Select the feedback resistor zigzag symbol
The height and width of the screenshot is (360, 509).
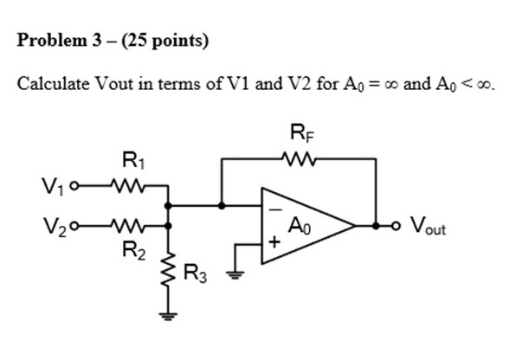pos(299,158)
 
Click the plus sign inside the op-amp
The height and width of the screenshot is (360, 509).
pos(274,246)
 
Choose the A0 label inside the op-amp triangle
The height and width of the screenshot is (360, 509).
pos(300,228)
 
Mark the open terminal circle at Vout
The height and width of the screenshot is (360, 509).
pos(393,227)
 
